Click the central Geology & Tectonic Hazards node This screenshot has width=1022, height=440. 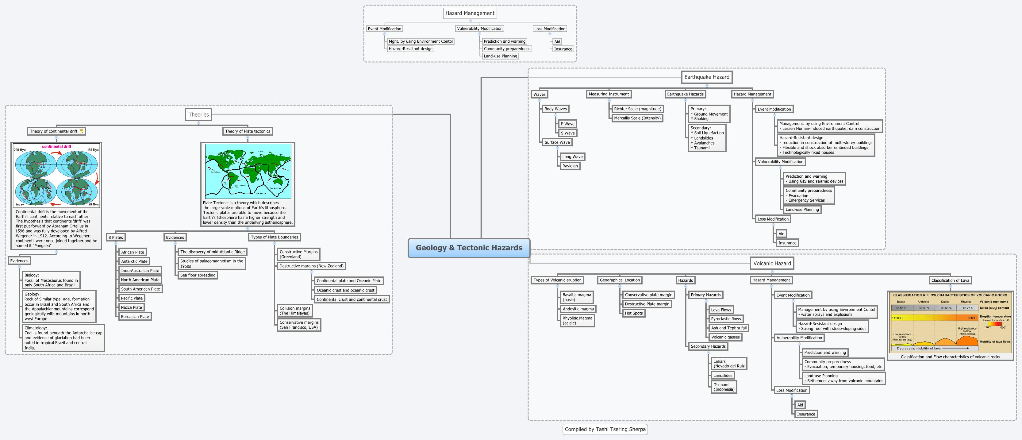tap(469, 248)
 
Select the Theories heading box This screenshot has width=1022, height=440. tap(198, 115)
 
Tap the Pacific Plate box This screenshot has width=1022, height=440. tap(132, 298)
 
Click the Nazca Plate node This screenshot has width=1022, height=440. tap(131, 307)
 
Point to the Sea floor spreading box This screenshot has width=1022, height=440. tap(198, 275)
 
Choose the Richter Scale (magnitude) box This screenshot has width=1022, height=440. tap(637, 109)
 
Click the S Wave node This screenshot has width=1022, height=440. tap(567, 133)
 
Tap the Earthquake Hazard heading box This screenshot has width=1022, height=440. tap(707, 77)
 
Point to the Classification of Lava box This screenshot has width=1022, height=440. tap(950, 280)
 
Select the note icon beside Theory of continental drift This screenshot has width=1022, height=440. tap(81, 131)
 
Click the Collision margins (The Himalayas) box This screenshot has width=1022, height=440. tap(295, 311)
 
